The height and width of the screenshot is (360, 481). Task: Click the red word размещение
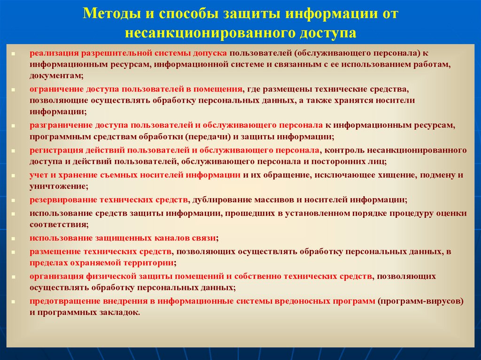54,251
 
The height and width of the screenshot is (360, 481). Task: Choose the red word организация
55,276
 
